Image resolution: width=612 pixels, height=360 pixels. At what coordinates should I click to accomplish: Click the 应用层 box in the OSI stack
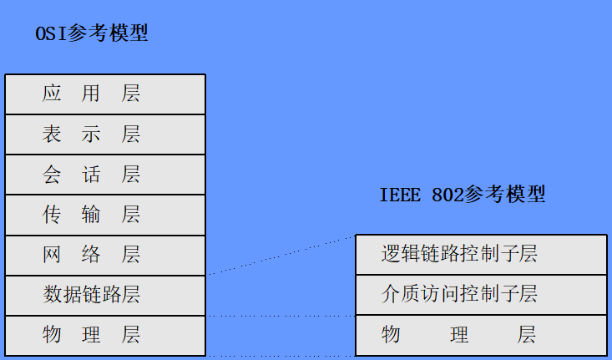105,94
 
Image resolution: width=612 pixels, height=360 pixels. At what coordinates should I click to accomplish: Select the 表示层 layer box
105,134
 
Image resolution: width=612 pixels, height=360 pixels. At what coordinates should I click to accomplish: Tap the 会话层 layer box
105,175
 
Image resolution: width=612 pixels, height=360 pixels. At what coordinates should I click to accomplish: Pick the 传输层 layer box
105,215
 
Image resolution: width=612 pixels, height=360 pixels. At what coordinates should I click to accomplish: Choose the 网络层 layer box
105,255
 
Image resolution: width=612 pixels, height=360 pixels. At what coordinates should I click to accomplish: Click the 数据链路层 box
105,295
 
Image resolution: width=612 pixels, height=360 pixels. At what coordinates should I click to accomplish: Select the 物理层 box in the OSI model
105,336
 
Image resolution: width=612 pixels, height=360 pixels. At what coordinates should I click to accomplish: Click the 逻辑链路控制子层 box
481,255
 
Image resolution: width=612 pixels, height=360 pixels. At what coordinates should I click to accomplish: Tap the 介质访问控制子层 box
481,295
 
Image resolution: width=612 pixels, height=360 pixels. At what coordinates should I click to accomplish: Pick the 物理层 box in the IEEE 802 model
481,336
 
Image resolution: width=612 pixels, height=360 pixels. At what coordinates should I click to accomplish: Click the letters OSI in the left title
49,35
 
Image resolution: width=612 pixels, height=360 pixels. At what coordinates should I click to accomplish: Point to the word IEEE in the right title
399,195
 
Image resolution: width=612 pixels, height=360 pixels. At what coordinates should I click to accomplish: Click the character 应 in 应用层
52,94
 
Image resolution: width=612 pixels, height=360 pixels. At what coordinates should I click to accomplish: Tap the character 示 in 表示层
91,134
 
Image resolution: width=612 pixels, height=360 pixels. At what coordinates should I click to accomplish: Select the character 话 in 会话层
91,175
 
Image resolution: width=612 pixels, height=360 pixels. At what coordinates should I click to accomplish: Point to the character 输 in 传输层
91,215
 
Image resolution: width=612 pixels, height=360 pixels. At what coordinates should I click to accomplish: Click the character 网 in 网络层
52,255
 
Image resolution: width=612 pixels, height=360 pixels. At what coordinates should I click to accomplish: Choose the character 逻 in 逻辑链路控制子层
391,255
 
